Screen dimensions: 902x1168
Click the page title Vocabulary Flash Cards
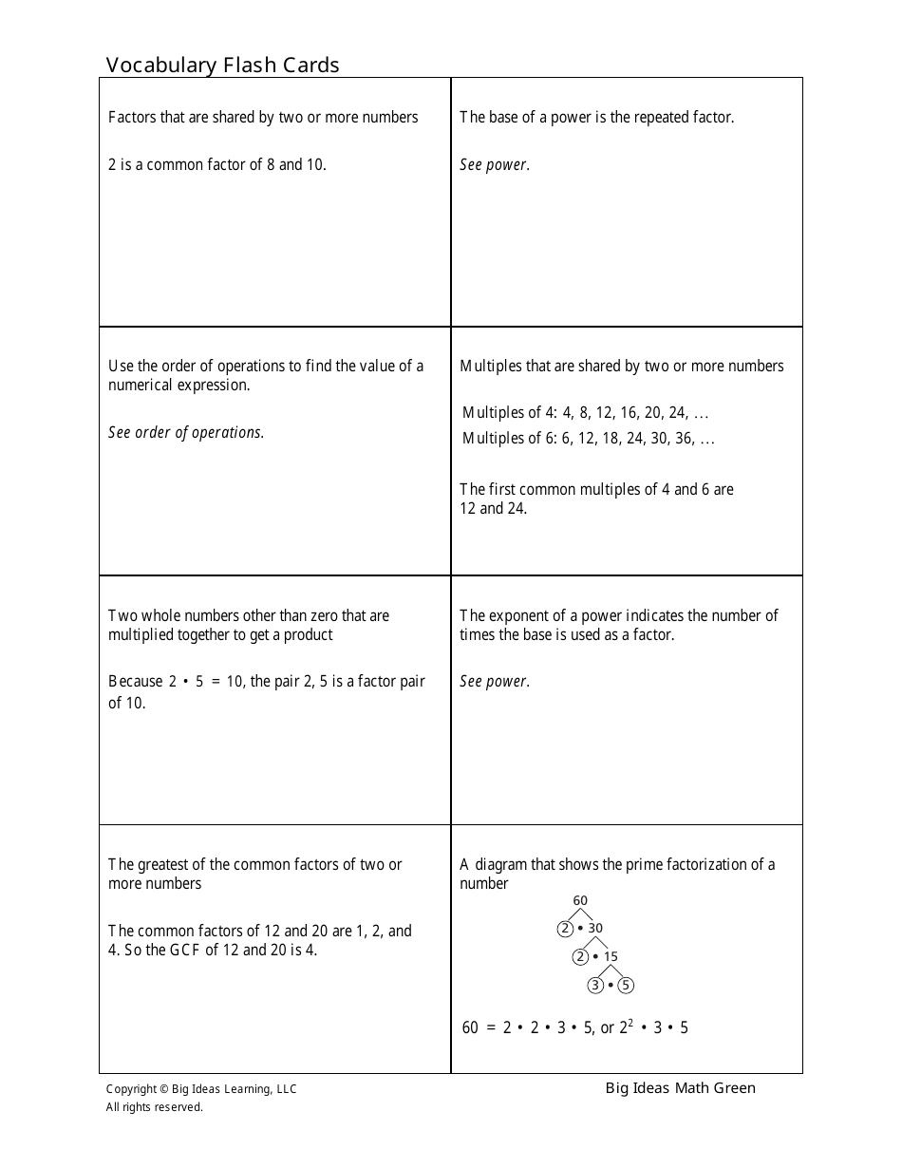222,65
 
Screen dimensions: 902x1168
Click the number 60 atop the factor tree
580,900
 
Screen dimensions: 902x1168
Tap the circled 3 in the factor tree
595,985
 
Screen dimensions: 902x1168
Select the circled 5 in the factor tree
626,985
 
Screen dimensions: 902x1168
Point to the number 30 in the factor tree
595,928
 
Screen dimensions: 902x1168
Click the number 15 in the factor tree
611,956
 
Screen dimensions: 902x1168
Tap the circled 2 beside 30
565,928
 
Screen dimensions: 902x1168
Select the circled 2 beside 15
580,956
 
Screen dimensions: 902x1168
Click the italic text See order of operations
186,432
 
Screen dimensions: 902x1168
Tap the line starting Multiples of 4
585,413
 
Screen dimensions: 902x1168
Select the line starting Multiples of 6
588,438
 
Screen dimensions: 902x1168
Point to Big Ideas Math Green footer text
680,1088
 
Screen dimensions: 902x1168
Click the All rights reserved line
154,1106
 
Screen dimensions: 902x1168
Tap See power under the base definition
494,164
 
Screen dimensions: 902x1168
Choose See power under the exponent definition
494,681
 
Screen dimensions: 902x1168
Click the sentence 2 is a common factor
216,164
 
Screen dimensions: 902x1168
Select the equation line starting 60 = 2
574,1027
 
